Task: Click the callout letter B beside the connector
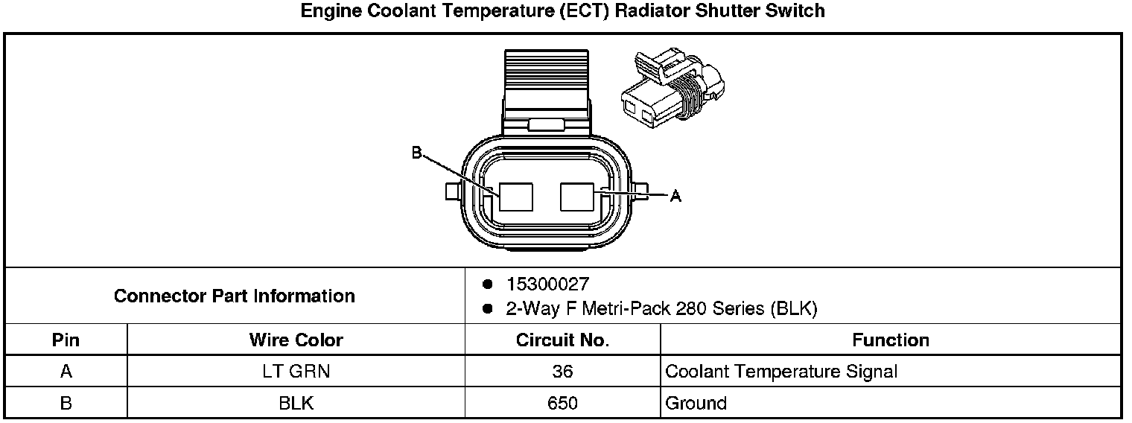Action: (x=416, y=153)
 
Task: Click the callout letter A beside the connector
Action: (x=675, y=196)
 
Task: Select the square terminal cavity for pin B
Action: (x=517, y=197)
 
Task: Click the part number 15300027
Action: (x=547, y=284)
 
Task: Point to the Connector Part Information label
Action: (x=234, y=296)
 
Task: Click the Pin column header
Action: (x=66, y=340)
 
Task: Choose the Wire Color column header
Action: (x=296, y=340)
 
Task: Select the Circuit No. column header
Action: (x=562, y=340)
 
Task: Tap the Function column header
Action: (x=890, y=340)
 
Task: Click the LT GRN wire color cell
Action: (x=296, y=372)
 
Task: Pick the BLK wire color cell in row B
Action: (x=296, y=404)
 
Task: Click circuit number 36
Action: (x=562, y=372)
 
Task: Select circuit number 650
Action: (x=562, y=404)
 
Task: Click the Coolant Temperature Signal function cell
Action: (x=781, y=372)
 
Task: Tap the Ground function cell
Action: (x=696, y=404)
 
